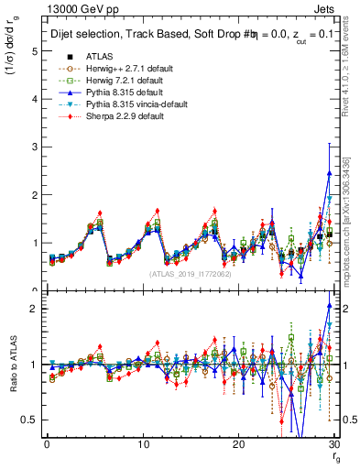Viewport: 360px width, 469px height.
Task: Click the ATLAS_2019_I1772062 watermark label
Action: (x=191, y=274)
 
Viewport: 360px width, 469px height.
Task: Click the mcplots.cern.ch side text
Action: (x=350, y=220)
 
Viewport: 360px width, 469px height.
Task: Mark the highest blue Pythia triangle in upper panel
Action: (x=329, y=173)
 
